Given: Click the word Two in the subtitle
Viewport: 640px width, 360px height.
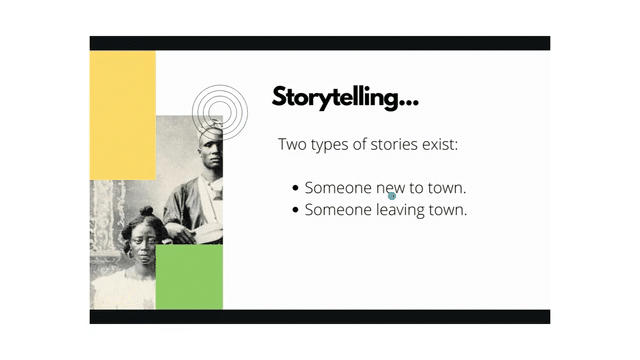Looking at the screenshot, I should pyautogui.click(x=291, y=145).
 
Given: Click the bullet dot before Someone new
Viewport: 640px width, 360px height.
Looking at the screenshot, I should pyautogui.click(x=295, y=188).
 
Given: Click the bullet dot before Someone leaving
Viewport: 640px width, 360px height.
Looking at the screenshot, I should pyautogui.click(x=295, y=211).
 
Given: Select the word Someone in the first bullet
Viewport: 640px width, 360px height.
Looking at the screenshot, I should pyautogui.click(x=337, y=188).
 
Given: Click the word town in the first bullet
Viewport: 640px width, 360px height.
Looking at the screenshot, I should pyautogui.click(x=446, y=188).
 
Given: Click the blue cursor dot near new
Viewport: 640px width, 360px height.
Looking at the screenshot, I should pyautogui.click(x=392, y=196).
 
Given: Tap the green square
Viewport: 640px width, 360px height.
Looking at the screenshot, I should pyautogui.click(x=188, y=276).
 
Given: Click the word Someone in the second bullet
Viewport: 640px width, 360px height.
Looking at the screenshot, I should pyautogui.click(x=337, y=211).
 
